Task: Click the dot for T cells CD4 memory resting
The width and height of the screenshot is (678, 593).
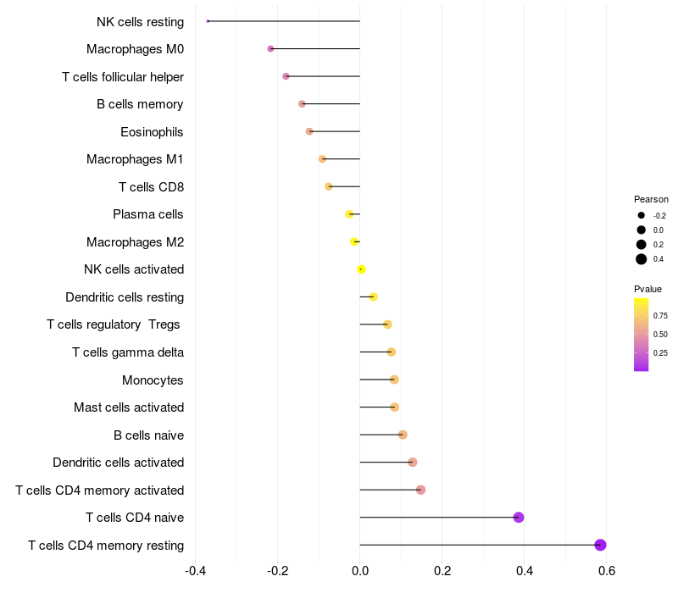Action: (x=600, y=545)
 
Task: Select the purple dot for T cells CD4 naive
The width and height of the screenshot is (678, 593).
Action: (x=519, y=518)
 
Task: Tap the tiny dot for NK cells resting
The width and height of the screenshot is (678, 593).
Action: (x=208, y=21)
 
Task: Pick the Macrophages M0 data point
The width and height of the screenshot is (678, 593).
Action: (x=270, y=49)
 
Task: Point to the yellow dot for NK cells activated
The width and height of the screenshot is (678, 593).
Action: (x=361, y=269)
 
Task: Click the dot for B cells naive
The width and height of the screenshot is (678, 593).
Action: (x=403, y=435)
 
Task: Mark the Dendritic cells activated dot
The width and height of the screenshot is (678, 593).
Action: (x=413, y=463)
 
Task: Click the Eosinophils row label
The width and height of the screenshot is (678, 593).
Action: (x=152, y=132)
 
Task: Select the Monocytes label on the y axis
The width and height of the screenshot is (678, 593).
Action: (x=153, y=380)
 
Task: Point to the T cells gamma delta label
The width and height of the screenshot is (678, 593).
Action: (x=127, y=352)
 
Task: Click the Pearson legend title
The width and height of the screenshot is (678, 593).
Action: (x=651, y=199)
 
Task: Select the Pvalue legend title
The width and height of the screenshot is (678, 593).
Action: (x=647, y=289)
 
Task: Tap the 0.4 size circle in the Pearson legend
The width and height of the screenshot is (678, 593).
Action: (x=642, y=259)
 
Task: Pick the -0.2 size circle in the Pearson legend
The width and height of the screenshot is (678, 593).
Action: (x=642, y=215)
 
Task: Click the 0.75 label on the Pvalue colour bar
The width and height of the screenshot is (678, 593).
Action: (x=660, y=315)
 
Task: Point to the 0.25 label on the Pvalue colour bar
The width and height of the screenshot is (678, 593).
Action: (x=660, y=352)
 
